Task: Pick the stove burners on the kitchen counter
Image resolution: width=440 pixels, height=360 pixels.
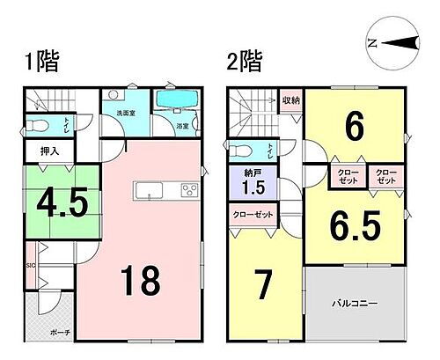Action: pos(190,190)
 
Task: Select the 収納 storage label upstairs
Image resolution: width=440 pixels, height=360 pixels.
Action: pos(291,99)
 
